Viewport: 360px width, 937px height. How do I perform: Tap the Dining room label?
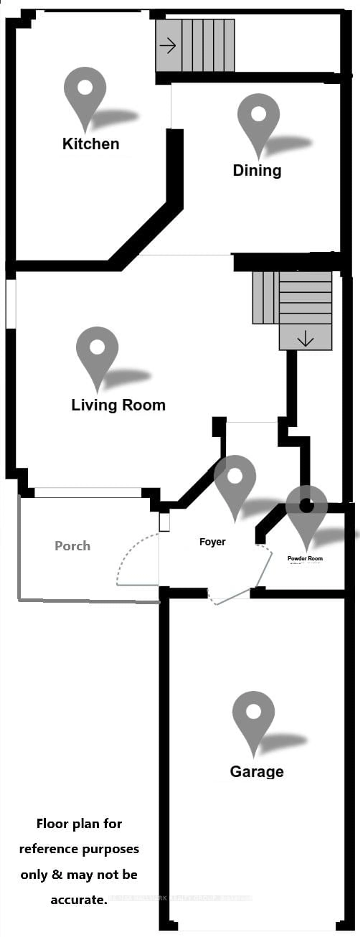click(x=257, y=171)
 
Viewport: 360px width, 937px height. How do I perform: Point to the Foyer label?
click(x=212, y=542)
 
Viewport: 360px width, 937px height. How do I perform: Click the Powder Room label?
click(x=305, y=558)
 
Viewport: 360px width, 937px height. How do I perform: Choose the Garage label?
click(x=257, y=771)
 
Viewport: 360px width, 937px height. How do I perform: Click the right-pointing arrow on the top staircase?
click(x=168, y=46)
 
